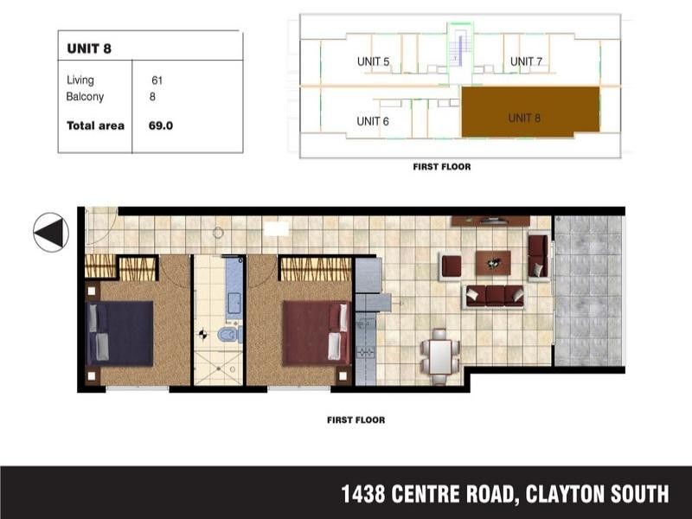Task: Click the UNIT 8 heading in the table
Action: [89, 48]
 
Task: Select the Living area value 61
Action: [157, 80]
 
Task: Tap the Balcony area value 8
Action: [152, 97]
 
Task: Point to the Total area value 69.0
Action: [161, 125]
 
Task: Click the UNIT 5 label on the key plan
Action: [373, 61]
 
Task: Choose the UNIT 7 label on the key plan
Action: [526, 61]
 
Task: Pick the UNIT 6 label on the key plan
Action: [373, 122]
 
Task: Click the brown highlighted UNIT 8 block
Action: [529, 112]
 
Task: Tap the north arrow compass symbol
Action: [51, 232]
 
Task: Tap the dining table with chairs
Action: [439, 354]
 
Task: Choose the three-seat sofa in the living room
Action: [494, 296]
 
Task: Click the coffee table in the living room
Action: [493, 262]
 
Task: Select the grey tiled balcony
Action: [587, 289]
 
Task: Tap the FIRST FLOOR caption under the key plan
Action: [442, 167]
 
